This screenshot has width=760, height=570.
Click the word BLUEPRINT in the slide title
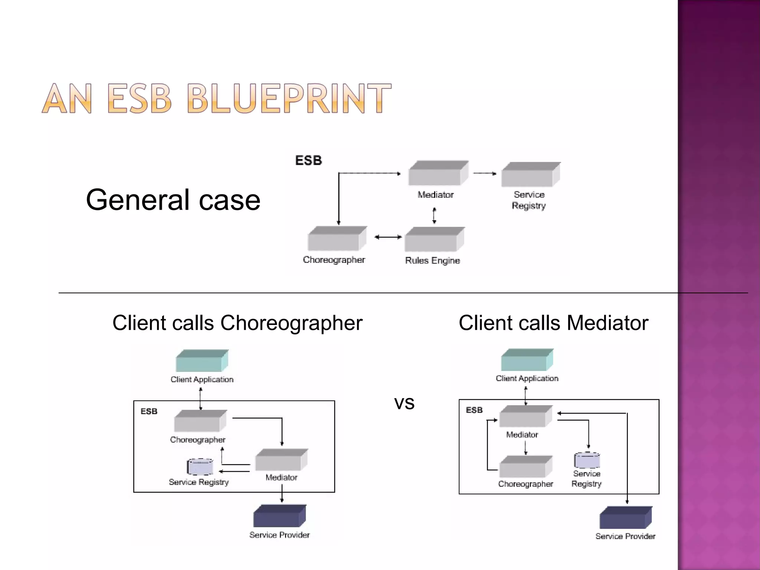[289, 98]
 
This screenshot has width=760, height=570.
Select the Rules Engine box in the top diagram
[434, 240]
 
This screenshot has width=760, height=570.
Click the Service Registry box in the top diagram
[530, 175]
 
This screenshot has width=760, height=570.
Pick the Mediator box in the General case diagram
[438, 174]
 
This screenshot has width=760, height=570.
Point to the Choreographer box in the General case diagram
[337, 239]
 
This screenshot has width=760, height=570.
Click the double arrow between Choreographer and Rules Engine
[388, 237]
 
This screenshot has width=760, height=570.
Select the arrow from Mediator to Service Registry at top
[485, 173]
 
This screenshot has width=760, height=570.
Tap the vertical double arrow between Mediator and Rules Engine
[434, 216]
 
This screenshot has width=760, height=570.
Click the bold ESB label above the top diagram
[308, 161]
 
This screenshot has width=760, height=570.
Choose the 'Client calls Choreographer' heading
[237, 323]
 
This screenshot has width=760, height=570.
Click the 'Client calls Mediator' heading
[553, 323]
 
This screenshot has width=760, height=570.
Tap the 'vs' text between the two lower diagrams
[404, 403]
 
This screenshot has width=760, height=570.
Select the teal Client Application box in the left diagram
[202, 361]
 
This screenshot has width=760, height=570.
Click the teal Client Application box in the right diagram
[527, 360]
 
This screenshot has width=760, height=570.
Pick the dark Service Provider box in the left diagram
[279, 516]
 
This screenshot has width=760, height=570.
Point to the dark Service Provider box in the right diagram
[625, 518]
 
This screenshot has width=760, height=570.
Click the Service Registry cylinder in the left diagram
[200, 467]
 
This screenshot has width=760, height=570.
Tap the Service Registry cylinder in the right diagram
[587, 461]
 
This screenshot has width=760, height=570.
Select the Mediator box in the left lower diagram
[281, 460]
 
